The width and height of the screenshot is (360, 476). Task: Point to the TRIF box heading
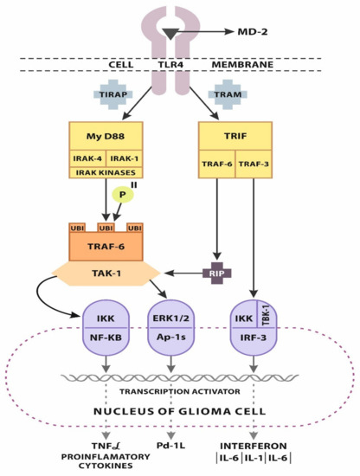coord(235,135)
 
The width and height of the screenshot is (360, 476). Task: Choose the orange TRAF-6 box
coord(107,246)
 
